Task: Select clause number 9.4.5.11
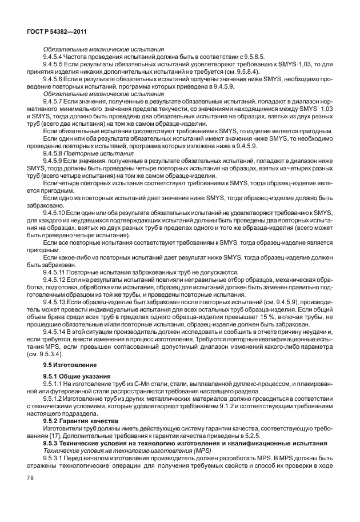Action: point(58,272)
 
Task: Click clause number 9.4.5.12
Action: point(58,281)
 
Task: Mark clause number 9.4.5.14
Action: point(58,332)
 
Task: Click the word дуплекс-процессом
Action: point(230,384)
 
